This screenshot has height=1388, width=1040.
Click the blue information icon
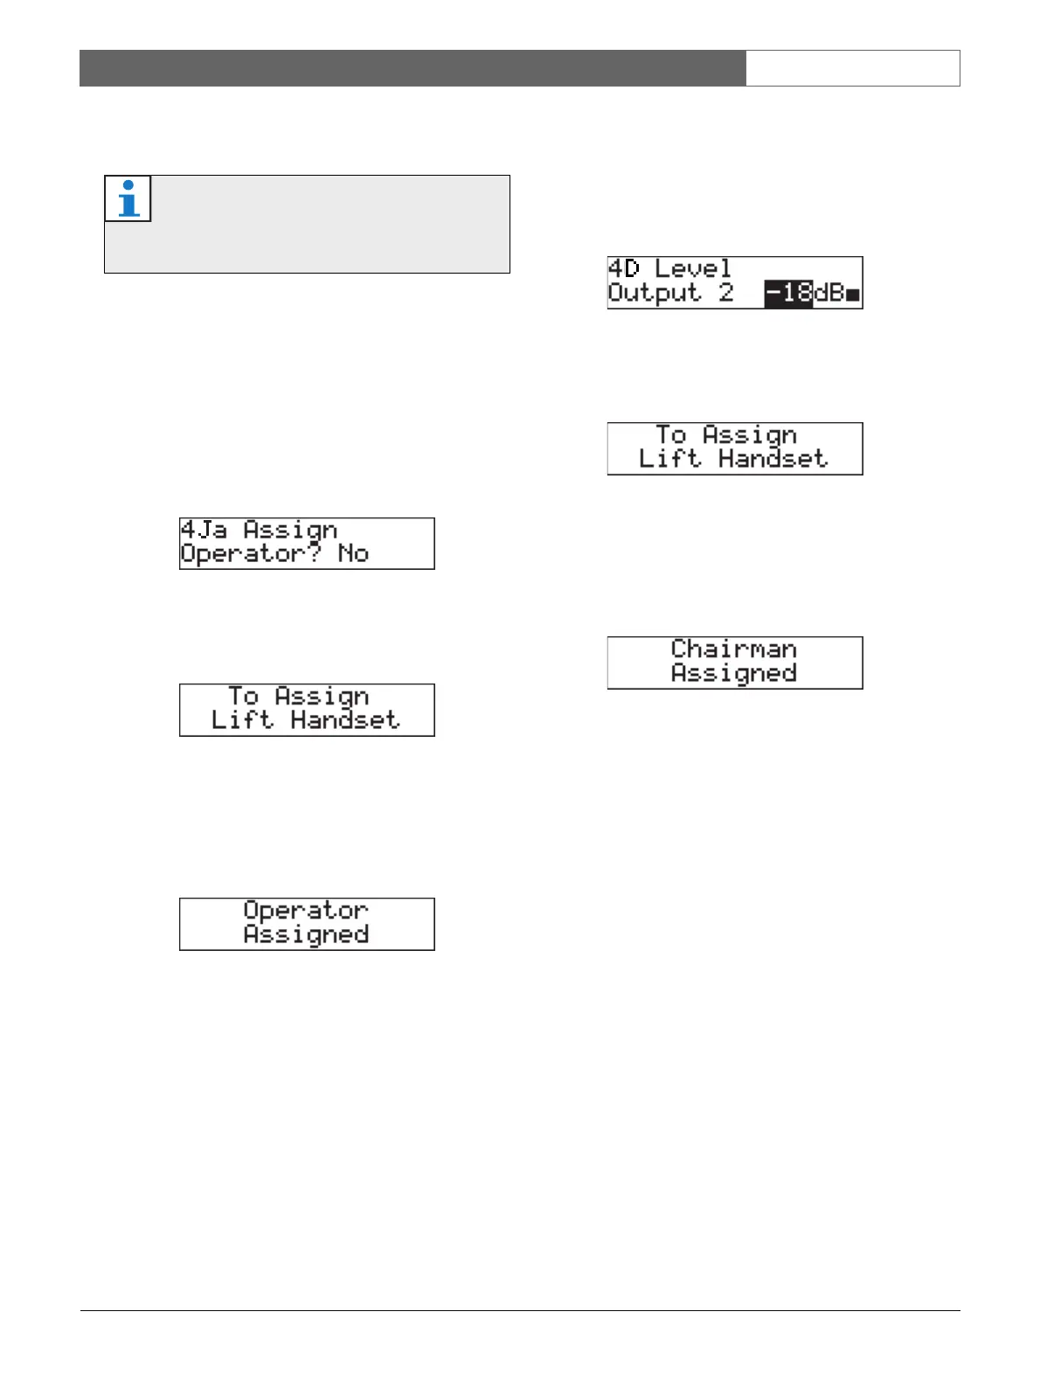click(128, 198)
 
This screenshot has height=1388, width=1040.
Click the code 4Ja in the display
click(204, 531)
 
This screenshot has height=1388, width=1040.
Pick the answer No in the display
click(353, 554)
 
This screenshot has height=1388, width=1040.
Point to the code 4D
click(624, 269)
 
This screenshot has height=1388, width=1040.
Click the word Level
click(693, 269)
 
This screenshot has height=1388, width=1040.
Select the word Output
click(655, 294)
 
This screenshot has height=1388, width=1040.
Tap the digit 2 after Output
click(726, 294)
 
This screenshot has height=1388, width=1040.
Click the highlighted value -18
click(788, 294)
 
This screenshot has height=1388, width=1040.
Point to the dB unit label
click(829, 294)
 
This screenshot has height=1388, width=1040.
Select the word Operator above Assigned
click(306, 911)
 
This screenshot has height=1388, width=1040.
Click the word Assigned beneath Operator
click(306, 935)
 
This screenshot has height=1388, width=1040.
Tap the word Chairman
click(734, 649)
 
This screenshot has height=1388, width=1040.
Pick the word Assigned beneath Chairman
click(734, 674)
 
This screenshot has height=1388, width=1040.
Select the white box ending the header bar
click(853, 68)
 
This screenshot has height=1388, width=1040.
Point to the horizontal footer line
click(520, 1310)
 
